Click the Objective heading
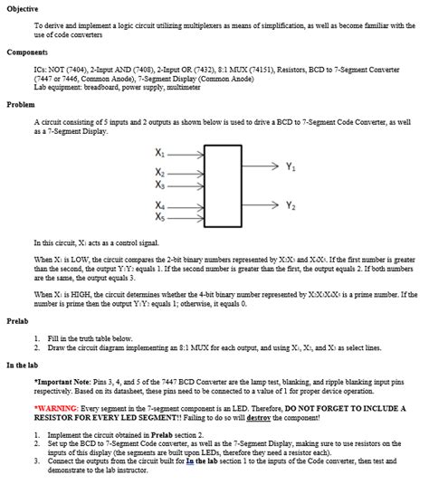[24, 7]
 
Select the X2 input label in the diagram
[161, 171]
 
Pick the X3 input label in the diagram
[161, 184]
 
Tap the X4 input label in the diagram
[161, 205]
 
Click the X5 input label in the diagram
[161, 218]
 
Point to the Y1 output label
[290, 166]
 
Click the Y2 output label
[290, 205]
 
